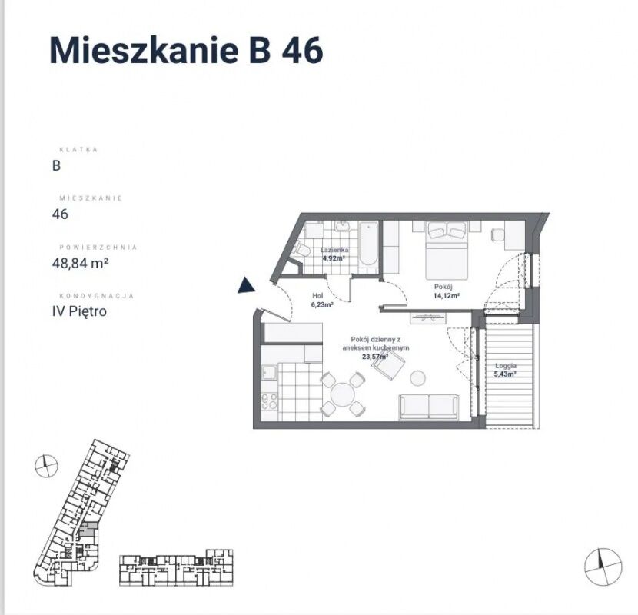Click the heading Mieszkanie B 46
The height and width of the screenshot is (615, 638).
pyautogui.click(x=186, y=51)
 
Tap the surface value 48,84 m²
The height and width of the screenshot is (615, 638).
pyautogui.click(x=80, y=264)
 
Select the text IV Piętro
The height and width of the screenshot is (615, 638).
pyautogui.click(x=79, y=311)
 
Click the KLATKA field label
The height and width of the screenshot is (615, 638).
pyautogui.click(x=78, y=149)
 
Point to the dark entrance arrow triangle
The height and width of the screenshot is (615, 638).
pyautogui.click(x=246, y=285)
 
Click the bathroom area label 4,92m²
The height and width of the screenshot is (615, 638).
pyautogui.click(x=334, y=258)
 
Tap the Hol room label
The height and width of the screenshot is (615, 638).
pyautogui.click(x=317, y=296)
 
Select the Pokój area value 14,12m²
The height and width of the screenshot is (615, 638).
pyautogui.click(x=447, y=296)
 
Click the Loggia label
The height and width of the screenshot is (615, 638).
pyautogui.click(x=506, y=365)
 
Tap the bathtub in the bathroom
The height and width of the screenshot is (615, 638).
pyautogui.click(x=369, y=244)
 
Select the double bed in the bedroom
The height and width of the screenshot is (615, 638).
pyautogui.click(x=447, y=250)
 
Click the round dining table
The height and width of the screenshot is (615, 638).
pyautogui.click(x=343, y=394)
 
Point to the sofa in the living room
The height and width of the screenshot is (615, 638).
pyautogui.click(x=429, y=406)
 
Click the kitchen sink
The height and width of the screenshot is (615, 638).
pyautogui.click(x=269, y=372)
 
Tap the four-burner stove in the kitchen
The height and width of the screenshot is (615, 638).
pyautogui.click(x=269, y=401)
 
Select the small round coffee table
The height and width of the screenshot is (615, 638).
pyautogui.click(x=417, y=378)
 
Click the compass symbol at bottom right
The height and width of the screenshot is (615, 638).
pyautogui.click(x=603, y=567)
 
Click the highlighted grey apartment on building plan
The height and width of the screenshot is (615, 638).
pyautogui.click(x=88, y=529)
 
